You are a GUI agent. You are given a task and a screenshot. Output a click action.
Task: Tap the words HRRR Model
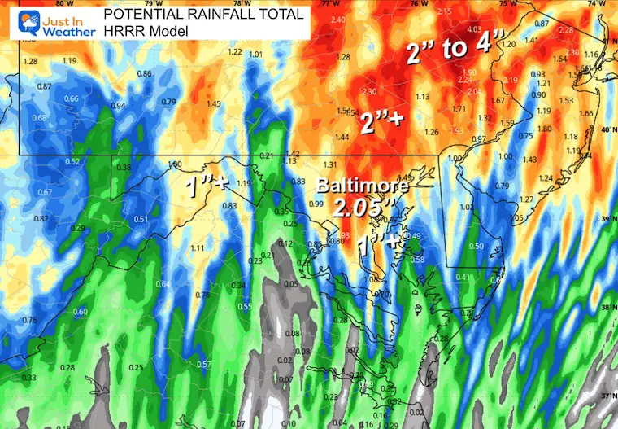(x=144, y=30)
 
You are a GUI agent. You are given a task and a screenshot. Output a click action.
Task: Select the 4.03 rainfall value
(x=475, y=30)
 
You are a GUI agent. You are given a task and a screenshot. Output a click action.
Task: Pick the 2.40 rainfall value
(x=337, y=19)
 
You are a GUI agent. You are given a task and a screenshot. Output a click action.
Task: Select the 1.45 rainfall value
(x=214, y=104)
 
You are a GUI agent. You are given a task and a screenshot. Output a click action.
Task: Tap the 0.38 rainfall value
(x=124, y=168)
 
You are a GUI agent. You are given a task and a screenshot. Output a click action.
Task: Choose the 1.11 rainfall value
(x=197, y=247)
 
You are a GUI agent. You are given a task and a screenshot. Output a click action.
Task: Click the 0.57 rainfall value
(x=204, y=364)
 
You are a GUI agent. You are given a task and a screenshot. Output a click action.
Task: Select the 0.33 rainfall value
(x=28, y=378)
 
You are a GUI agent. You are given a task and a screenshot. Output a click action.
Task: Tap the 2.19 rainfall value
(x=511, y=80)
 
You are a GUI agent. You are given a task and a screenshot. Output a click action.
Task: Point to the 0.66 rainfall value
(x=71, y=99)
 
